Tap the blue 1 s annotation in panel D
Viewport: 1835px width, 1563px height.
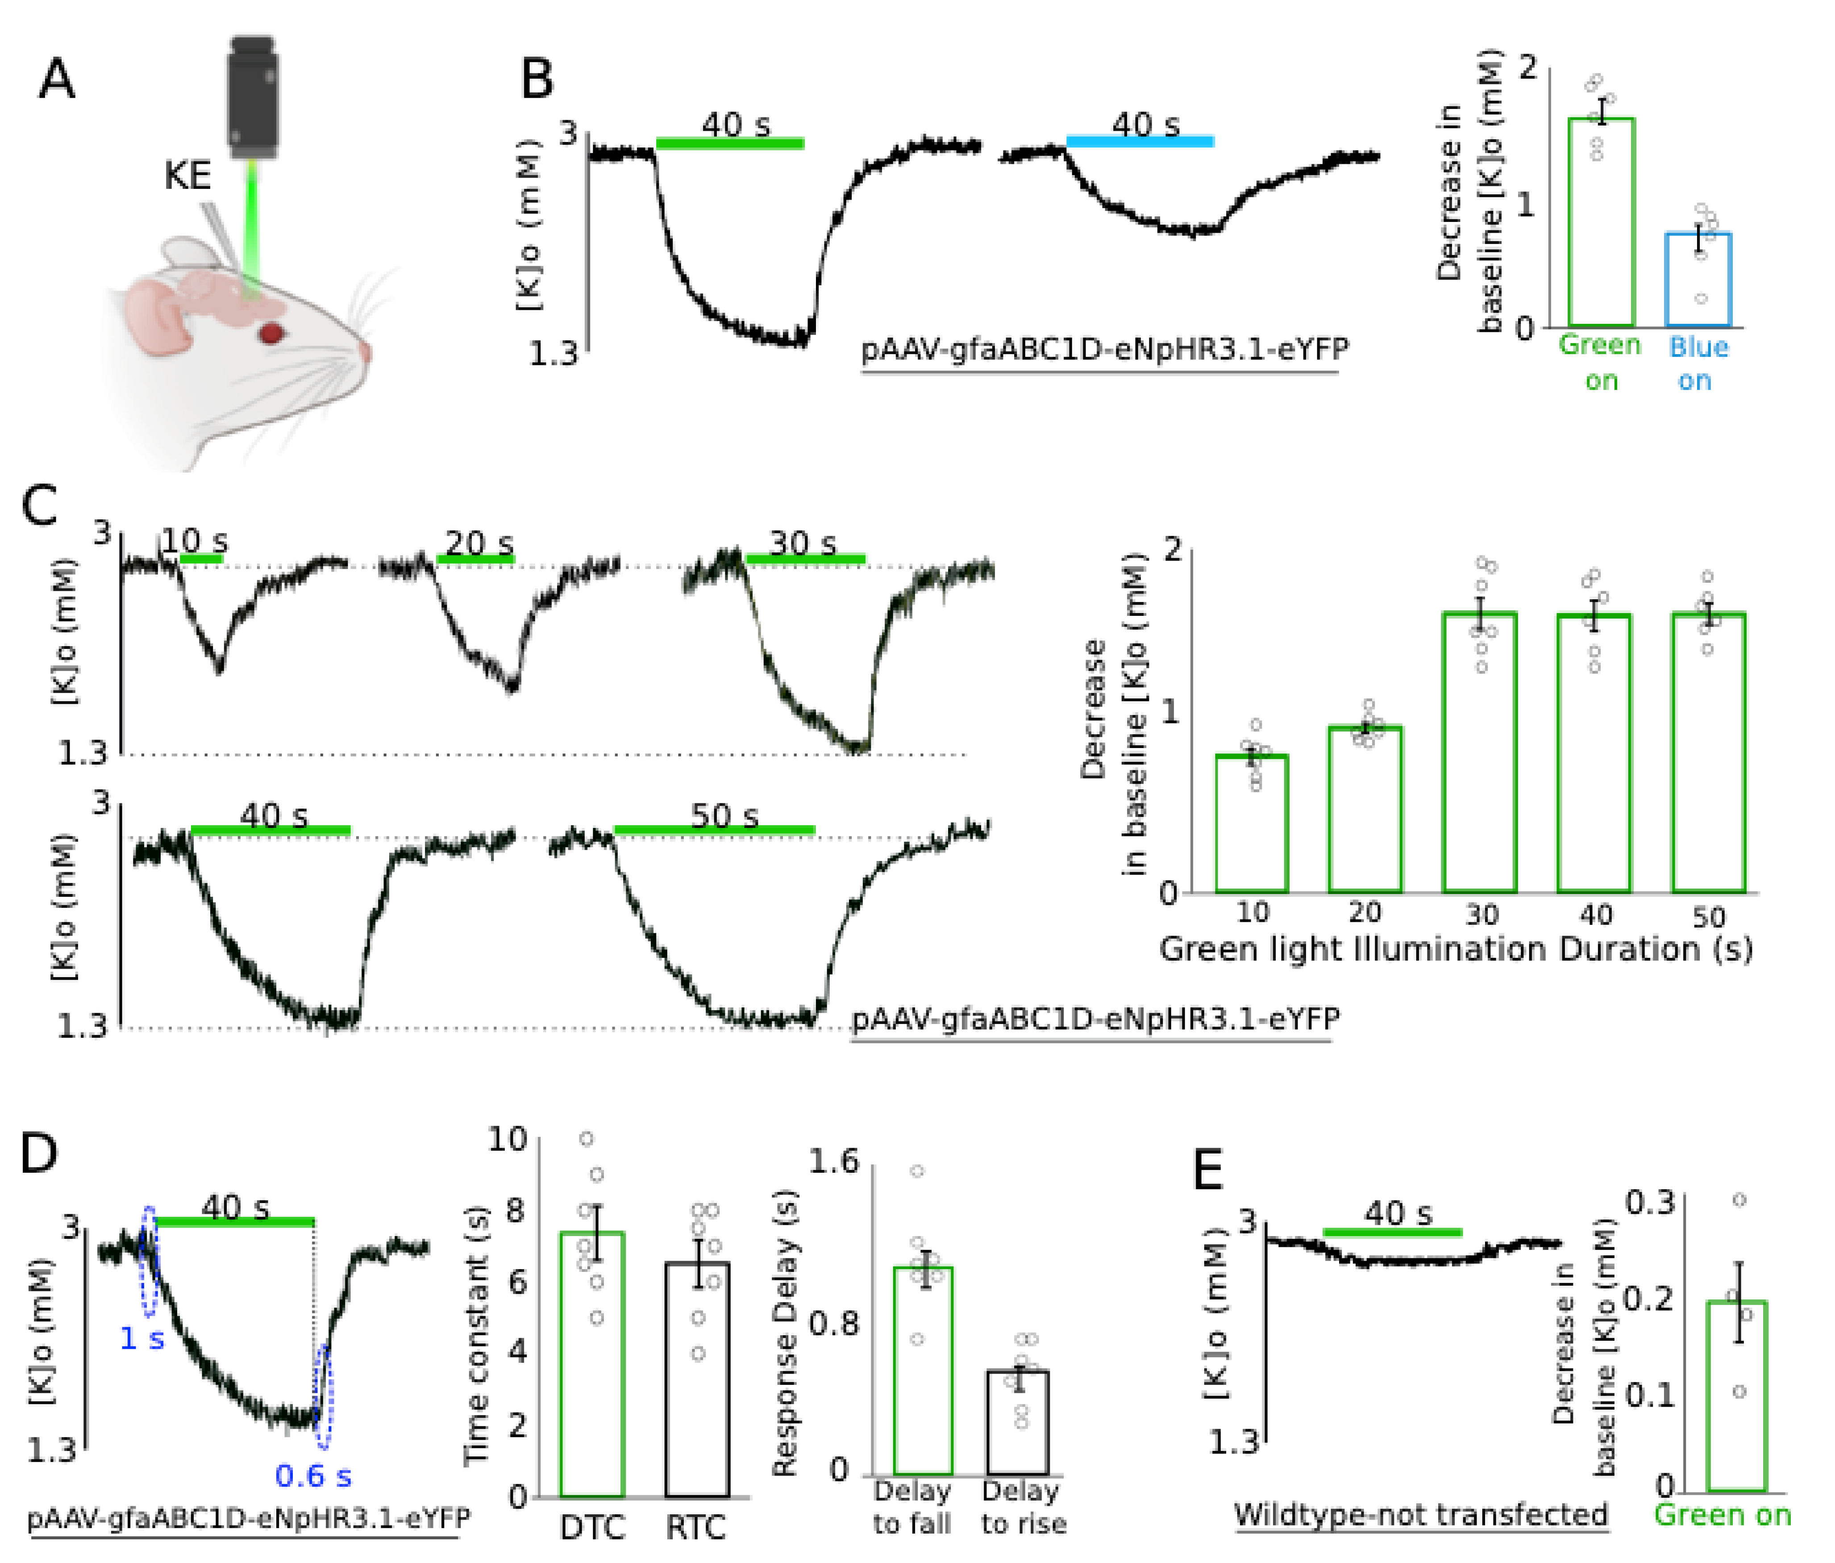coord(141,1338)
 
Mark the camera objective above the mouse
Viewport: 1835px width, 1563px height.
coord(253,97)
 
